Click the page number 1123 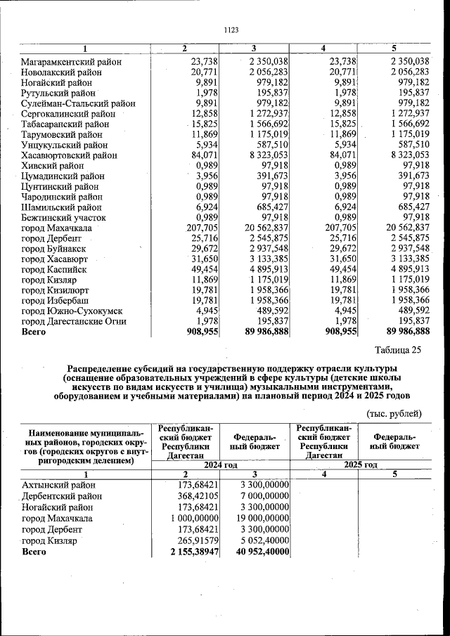(231, 30)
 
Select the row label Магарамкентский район (72, 62)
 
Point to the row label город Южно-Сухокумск (72, 311)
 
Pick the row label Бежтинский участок (64, 218)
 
